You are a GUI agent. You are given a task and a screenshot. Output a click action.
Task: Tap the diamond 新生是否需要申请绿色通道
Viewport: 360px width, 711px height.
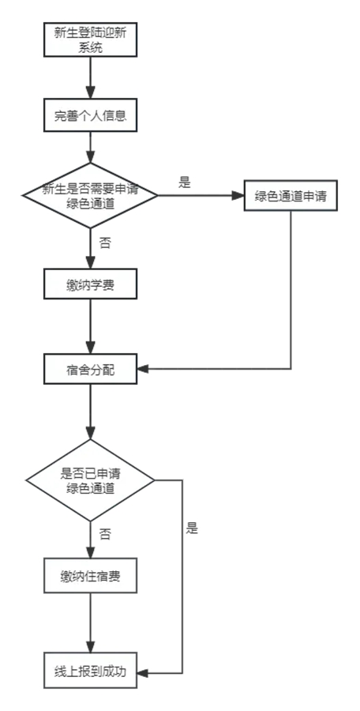(91, 195)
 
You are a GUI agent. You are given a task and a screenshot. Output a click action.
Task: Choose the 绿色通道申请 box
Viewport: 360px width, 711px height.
(291, 196)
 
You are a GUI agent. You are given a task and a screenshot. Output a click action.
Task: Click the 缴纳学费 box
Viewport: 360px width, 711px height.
(91, 284)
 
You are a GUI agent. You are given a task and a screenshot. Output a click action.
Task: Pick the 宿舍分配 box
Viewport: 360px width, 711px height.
(91, 369)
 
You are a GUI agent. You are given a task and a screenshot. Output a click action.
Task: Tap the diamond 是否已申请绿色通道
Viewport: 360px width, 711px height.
(91, 480)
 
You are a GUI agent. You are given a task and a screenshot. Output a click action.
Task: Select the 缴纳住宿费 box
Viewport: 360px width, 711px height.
(91, 576)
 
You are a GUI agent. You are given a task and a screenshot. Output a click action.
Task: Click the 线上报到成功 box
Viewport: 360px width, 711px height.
(91, 672)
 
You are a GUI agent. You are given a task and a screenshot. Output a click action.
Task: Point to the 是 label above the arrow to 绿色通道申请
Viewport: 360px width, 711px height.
(185, 183)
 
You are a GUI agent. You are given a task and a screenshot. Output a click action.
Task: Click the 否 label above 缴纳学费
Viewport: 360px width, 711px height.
(104, 243)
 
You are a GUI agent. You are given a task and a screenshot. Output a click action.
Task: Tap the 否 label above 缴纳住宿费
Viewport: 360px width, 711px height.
(104, 534)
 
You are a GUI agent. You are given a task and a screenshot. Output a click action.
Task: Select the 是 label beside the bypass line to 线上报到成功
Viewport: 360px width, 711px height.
(193, 529)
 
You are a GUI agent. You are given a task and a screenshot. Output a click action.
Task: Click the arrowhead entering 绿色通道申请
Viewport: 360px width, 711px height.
(238, 196)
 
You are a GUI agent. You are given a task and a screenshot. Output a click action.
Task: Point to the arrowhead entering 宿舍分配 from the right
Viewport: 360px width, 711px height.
(143, 369)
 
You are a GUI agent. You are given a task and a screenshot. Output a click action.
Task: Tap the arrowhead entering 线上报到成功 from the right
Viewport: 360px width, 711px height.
(143, 673)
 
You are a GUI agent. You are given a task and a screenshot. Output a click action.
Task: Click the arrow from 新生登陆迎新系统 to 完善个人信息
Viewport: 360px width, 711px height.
(91, 79)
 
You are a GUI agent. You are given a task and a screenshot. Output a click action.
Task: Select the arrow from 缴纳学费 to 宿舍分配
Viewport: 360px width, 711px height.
(91, 326)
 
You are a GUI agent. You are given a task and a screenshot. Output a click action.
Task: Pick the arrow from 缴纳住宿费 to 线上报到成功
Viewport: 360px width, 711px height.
(91, 624)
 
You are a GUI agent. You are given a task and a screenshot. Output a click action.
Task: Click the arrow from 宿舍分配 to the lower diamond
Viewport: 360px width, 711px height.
(91, 412)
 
